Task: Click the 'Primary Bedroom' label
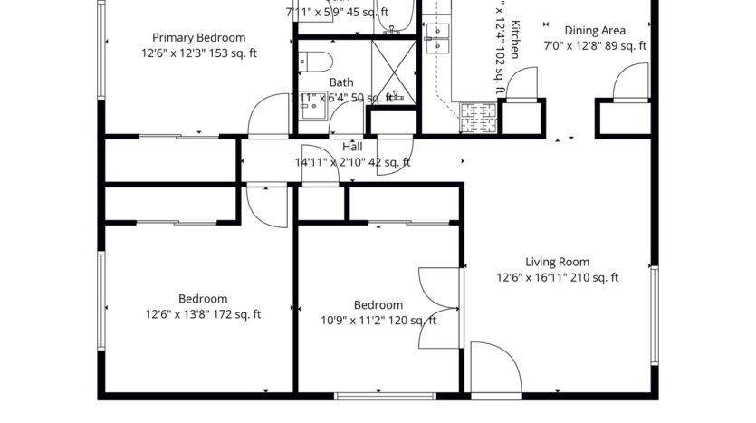(198, 37)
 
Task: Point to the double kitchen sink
(438, 37)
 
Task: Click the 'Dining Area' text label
(594, 30)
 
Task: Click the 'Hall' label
(352, 147)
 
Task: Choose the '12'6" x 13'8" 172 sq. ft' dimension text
(203, 315)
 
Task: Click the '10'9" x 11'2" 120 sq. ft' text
(378, 321)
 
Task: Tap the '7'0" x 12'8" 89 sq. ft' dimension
(595, 45)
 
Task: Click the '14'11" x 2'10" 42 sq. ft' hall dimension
(352, 163)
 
